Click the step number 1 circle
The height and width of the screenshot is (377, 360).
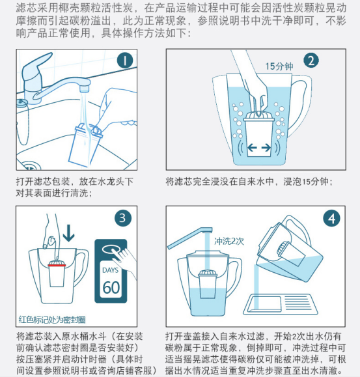click(x=125, y=61)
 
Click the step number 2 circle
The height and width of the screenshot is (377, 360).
click(x=311, y=61)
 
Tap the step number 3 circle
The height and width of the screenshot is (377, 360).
click(x=123, y=218)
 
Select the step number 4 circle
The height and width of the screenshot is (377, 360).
click(x=331, y=218)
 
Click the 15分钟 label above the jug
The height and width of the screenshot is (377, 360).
click(x=279, y=66)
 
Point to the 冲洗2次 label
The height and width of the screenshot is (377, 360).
click(x=229, y=241)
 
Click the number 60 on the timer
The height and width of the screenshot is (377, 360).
click(x=111, y=288)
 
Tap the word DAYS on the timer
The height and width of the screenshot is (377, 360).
click(x=110, y=270)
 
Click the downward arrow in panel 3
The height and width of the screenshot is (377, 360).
click(x=69, y=233)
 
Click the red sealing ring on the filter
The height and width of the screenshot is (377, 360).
click(x=57, y=266)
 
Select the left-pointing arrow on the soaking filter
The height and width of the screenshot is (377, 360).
click(x=252, y=147)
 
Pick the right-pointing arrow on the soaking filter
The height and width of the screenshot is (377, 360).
click(x=266, y=147)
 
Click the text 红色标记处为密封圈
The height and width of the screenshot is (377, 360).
click(x=52, y=320)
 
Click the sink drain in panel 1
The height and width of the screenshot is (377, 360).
click(x=30, y=166)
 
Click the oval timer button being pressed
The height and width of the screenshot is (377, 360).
click(x=111, y=249)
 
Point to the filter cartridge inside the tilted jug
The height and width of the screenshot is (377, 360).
click(x=288, y=254)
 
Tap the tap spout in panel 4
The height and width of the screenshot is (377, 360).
click(x=190, y=238)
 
